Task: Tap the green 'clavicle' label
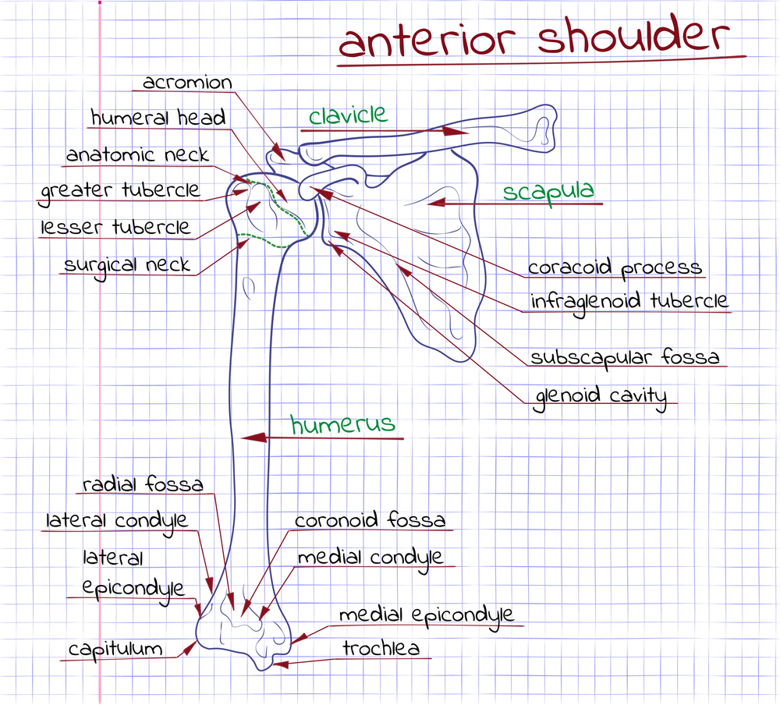click(x=348, y=115)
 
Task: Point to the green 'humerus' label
click(x=342, y=424)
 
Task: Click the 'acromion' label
click(x=187, y=83)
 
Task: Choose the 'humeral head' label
click(x=158, y=118)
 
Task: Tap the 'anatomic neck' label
click(x=137, y=154)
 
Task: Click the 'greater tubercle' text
click(x=120, y=192)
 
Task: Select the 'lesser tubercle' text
click(x=115, y=228)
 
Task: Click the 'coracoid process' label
click(x=615, y=268)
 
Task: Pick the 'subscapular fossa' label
click(x=625, y=357)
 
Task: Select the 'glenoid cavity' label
click(x=601, y=397)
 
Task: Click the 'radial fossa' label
click(x=143, y=484)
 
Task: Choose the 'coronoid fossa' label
click(x=370, y=520)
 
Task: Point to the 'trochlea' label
click(x=381, y=648)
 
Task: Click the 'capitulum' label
click(x=115, y=650)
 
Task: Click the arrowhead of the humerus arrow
click(x=253, y=438)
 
